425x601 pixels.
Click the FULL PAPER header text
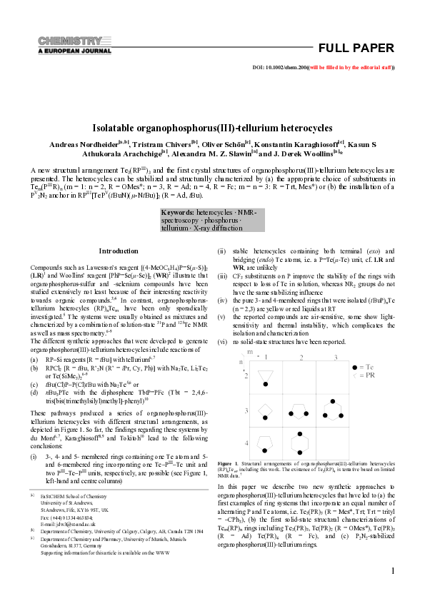(355, 49)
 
